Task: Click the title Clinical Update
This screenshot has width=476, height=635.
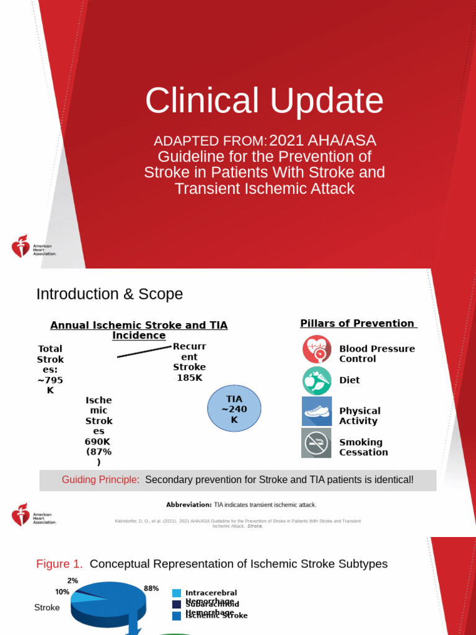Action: [264, 100]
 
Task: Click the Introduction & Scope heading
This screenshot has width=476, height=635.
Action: [110, 294]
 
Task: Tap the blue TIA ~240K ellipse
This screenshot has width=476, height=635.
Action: [234, 409]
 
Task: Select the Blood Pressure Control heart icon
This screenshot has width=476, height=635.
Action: [317, 349]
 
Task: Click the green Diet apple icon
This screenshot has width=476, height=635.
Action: [317, 381]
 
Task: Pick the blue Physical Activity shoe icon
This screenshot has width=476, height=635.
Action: [317, 412]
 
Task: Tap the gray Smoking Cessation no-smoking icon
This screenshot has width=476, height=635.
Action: [317, 443]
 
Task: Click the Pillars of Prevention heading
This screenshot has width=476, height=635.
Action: [358, 324]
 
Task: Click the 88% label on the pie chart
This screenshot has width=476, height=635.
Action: [152, 588]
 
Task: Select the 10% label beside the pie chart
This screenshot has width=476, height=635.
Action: [62, 592]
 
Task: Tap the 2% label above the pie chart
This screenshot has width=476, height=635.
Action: [73, 581]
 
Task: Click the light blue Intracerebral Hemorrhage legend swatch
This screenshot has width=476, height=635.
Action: [177, 593]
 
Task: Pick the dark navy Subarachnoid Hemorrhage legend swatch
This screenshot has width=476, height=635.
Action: [177, 605]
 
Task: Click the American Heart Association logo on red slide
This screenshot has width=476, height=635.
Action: [34, 246]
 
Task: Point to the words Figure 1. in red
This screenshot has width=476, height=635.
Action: [59, 564]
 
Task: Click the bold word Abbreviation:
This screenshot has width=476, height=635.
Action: [189, 505]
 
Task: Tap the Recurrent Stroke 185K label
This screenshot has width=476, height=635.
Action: [189, 362]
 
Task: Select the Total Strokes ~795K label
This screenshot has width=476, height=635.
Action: [50, 370]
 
